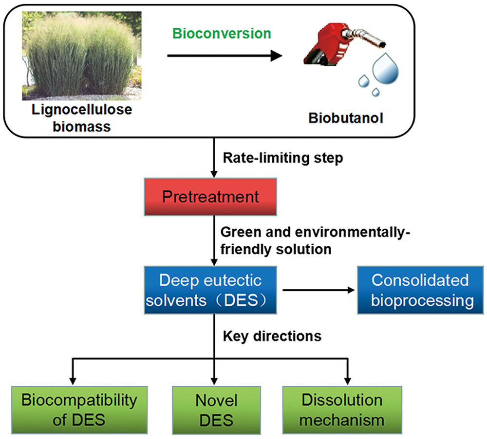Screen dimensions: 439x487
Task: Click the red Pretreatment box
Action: pos(211,197)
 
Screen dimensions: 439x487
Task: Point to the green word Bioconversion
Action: pos(221,34)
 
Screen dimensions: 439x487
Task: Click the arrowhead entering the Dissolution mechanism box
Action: pos(348,380)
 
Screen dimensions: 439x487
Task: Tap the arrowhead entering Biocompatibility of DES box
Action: pos(73,380)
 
